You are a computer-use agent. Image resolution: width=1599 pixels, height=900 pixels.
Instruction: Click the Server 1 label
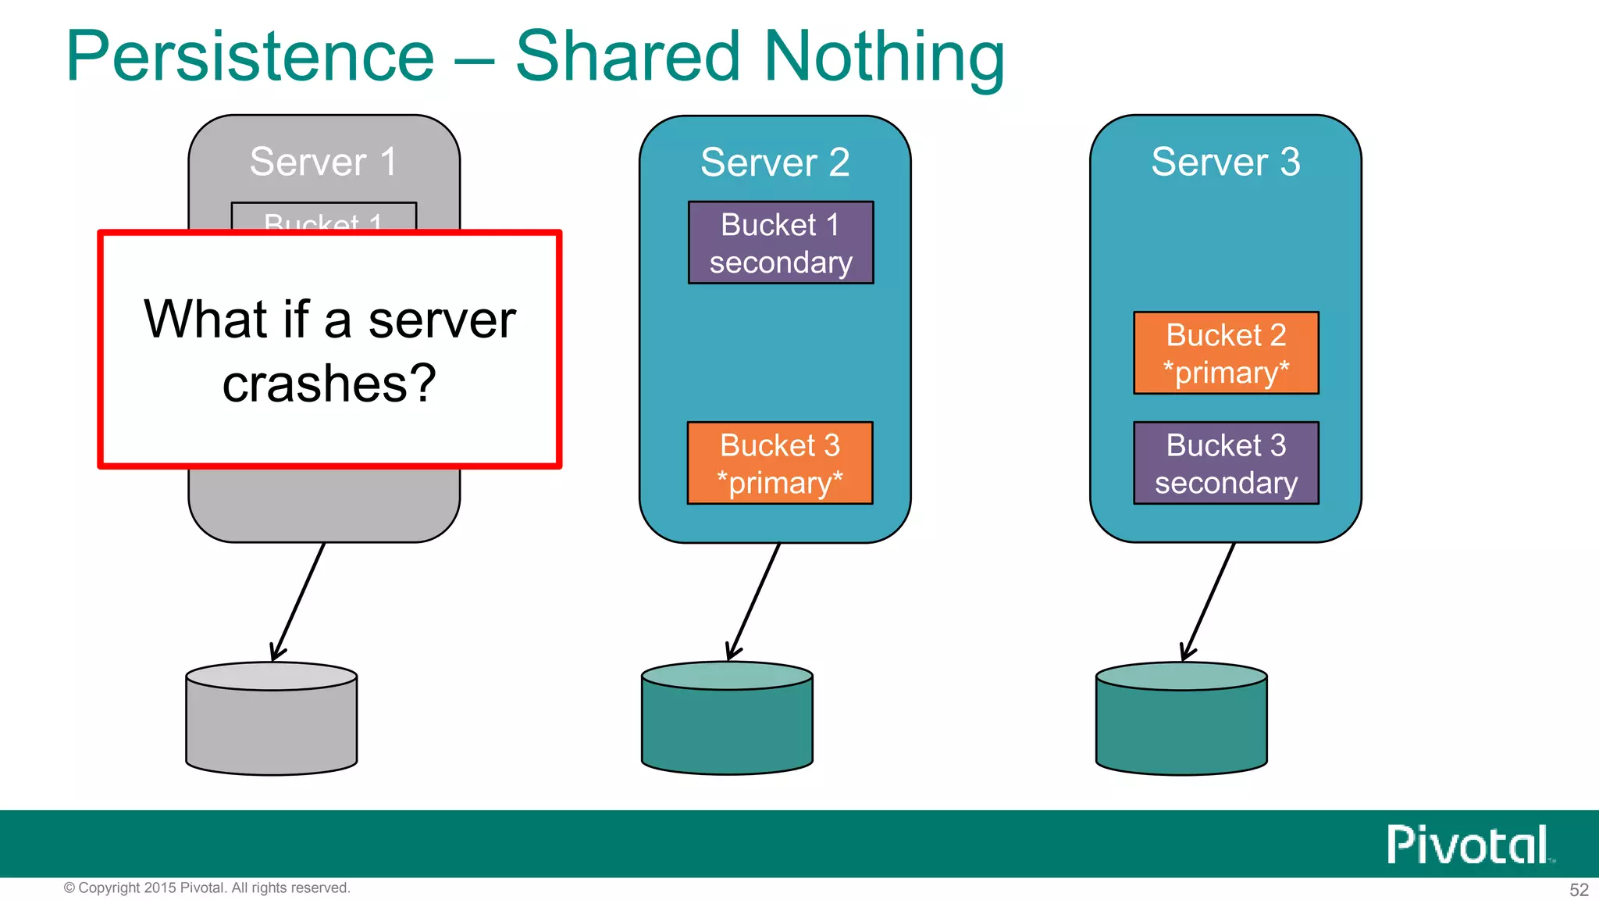tap(323, 162)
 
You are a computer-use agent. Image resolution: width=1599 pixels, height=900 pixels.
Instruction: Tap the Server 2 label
tap(775, 162)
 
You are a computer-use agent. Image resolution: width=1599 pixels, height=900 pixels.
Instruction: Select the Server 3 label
tap(1226, 162)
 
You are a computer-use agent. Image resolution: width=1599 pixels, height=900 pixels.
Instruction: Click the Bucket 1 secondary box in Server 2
tap(781, 243)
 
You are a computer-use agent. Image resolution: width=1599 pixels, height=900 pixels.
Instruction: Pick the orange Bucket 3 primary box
tap(780, 463)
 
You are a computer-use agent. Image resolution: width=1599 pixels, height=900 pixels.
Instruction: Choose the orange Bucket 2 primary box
tap(1226, 353)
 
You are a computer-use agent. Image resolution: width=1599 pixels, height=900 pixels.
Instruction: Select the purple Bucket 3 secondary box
tap(1226, 463)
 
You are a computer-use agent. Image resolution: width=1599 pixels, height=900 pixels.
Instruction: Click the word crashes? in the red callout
tap(329, 384)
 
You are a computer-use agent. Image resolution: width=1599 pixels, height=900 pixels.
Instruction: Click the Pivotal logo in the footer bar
tap(1469, 845)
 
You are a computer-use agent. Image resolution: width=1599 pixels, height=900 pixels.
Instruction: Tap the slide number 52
tap(1579, 890)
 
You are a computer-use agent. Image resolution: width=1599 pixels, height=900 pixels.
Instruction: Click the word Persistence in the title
tap(250, 56)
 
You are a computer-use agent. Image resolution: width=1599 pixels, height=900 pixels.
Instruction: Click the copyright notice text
tap(207, 888)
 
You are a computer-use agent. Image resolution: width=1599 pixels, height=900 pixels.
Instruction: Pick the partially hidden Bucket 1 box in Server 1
tap(323, 217)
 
